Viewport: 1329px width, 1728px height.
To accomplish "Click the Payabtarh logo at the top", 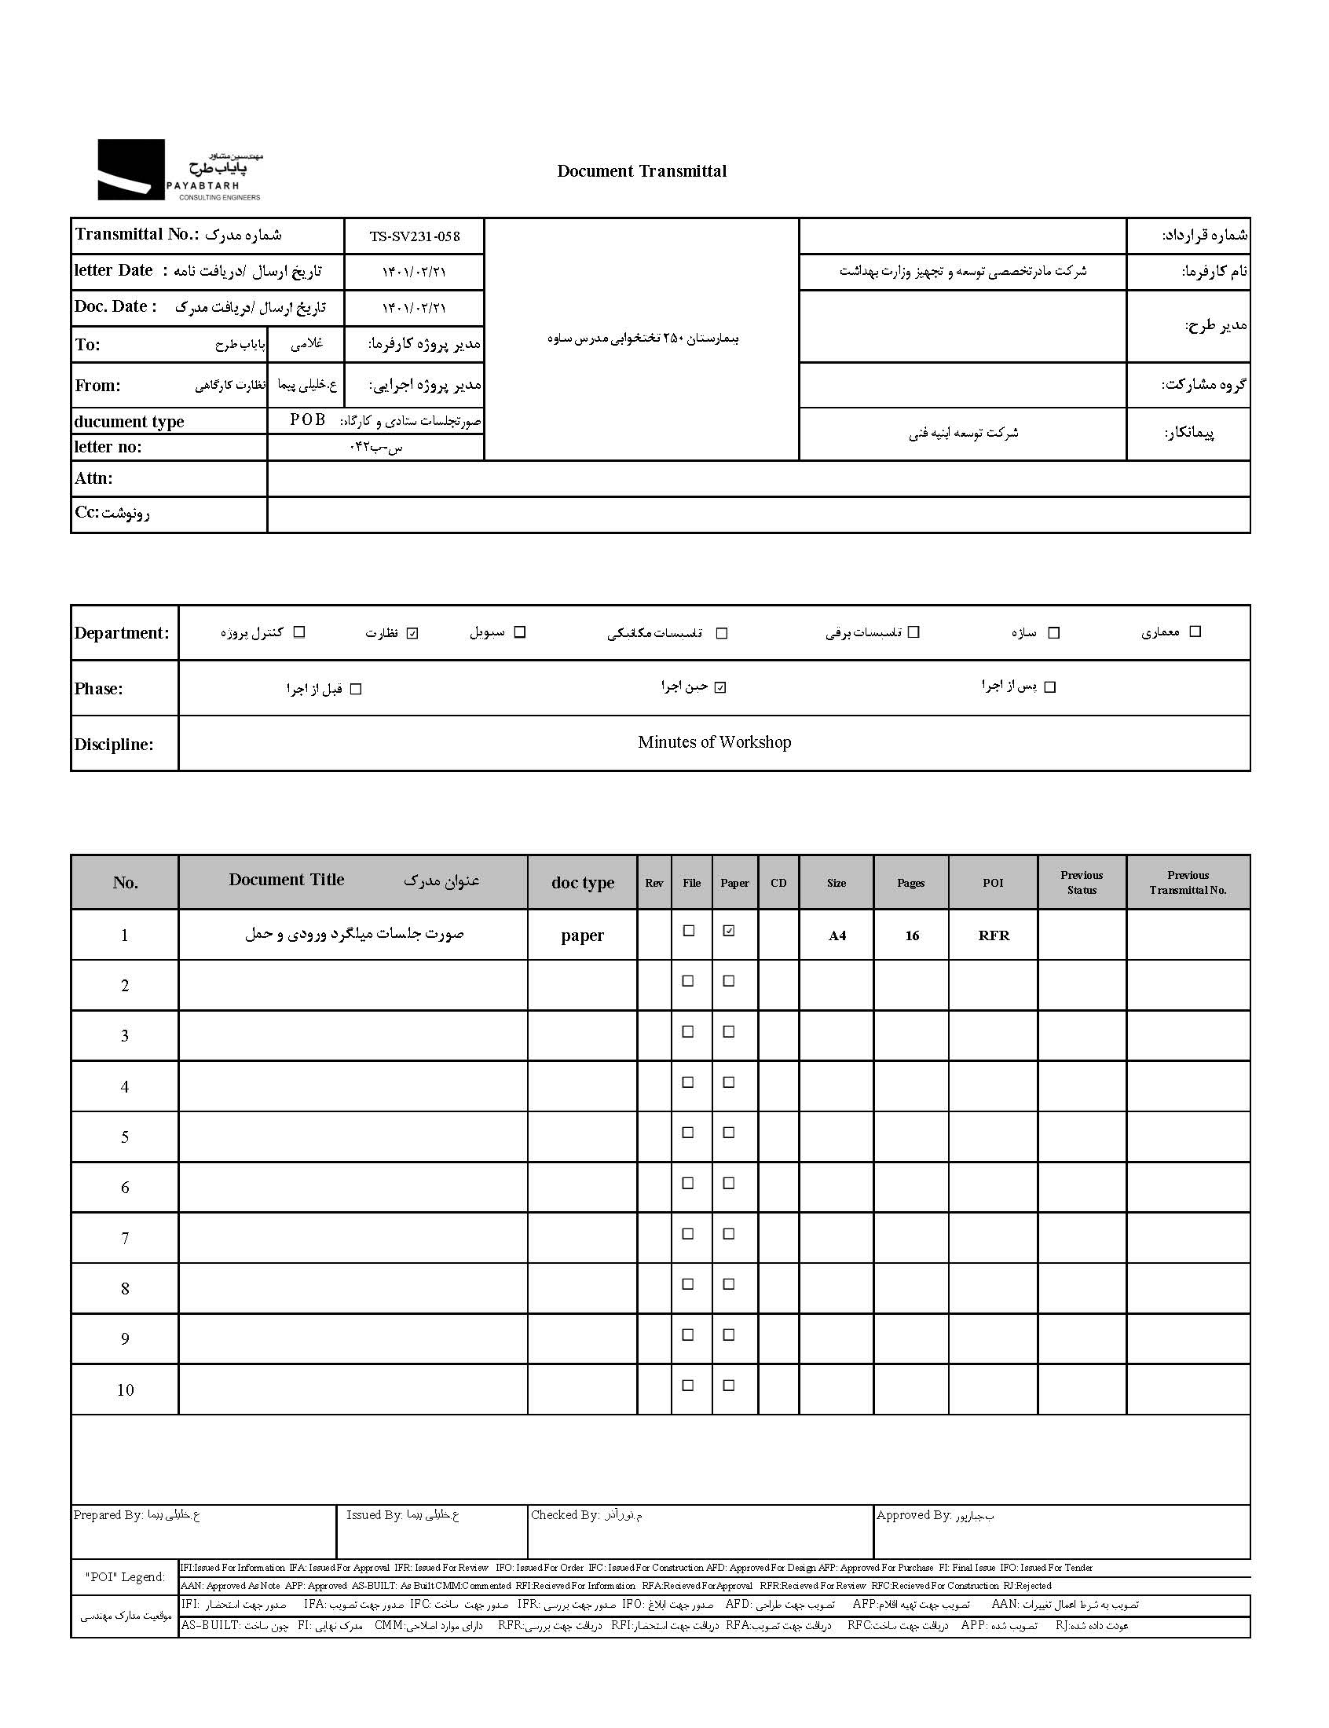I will pyautogui.click(x=180, y=170).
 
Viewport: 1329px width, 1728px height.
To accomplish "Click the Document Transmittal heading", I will pyautogui.click(x=641, y=170).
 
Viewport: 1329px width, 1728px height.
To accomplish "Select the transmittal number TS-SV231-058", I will pyautogui.click(x=414, y=236).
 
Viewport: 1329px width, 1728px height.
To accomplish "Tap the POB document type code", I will pyautogui.click(x=307, y=420).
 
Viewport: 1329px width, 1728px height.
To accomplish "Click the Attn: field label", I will pyautogui.click(x=94, y=478).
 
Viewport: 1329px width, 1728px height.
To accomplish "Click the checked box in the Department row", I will pyautogui.click(x=412, y=632).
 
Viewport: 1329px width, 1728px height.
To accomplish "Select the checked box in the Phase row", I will pyautogui.click(x=719, y=687).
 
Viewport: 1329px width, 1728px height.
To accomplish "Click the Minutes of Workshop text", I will pyautogui.click(x=713, y=741).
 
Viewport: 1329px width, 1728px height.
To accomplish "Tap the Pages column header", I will pyautogui.click(x=910, y=883).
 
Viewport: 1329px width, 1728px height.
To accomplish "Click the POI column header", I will pyautogui.click(x=993, y=883).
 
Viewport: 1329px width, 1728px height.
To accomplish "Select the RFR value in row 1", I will pyautogui.click(x=994, y=935).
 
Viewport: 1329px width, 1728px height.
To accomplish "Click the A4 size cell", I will pyautogui.click(x=837, y=935).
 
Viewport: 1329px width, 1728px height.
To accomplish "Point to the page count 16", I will pyautogui.click(x=912, y=935).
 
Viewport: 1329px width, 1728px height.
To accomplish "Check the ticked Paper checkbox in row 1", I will pyautogui.click(x=729, y=931).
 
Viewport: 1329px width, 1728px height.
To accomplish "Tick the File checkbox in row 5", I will pyautogui.click(x=688, y=1133).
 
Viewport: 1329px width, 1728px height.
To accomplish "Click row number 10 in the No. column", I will pyautogui.click(x=125, y=1389).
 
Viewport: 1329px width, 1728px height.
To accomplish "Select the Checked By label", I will pyautogui.click(x=565, y=1514).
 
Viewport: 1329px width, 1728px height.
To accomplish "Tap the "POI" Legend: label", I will pyautogui.click(x=125, y=1577).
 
